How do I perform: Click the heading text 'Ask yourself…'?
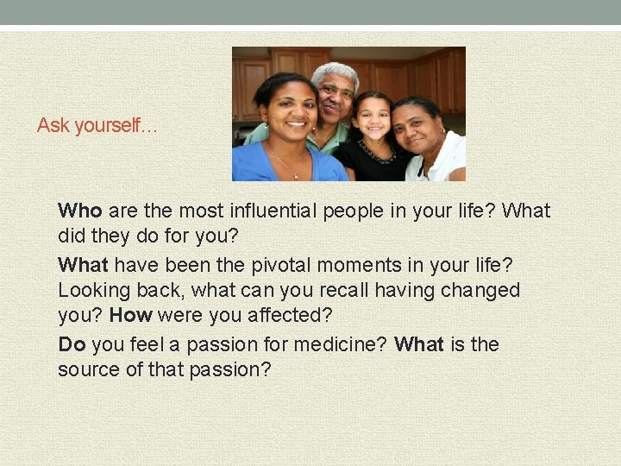[97, 126]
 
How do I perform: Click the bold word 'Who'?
[80, 211]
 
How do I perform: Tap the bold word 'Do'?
[72, 345]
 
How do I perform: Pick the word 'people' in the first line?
[354, 211]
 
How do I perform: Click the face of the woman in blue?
[289, 112]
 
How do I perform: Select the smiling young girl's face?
[372, 119]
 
